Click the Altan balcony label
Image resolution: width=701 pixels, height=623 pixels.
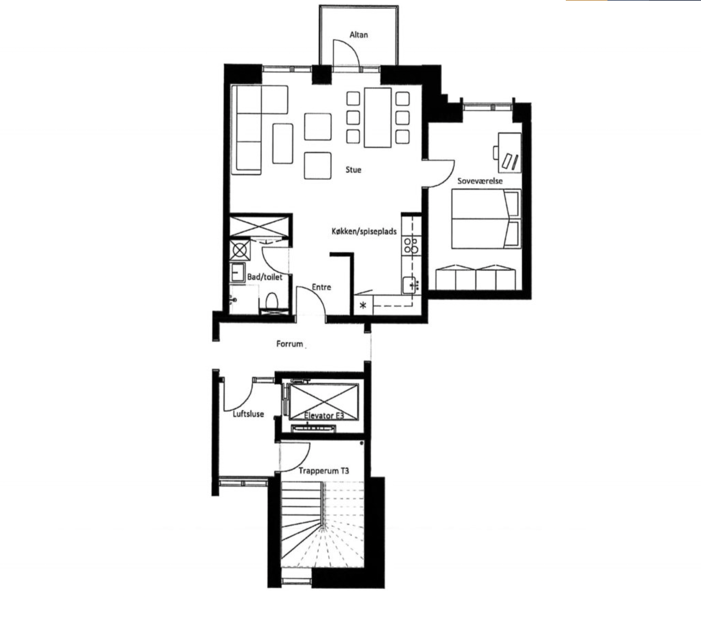click(x=359, y=35)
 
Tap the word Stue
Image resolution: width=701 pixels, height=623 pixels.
click(x=353, y=170)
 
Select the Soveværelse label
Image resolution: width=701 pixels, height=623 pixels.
click(x=480, y=181)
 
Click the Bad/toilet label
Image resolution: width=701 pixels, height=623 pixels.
click(x=265, y=277)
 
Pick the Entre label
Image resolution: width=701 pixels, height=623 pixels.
click(x=321, y=287)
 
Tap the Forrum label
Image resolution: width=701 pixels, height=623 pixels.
click(x=290, y=344)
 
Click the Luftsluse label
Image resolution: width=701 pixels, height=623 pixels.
click(x=248, y=414)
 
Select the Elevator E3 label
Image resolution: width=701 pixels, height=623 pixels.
click(x=324, y=415)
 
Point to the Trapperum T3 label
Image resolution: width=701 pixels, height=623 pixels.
click(x=324, y=471)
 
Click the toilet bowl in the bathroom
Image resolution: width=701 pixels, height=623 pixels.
click(x=272, y=301)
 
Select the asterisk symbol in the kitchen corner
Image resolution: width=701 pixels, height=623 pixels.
click(x=363, y=305)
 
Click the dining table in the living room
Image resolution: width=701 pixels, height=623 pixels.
click(x=377, y=117)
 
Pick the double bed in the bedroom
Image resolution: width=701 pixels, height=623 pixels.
click(x=486, y=218)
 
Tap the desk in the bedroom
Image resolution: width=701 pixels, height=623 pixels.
click(x=509, y=153)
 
